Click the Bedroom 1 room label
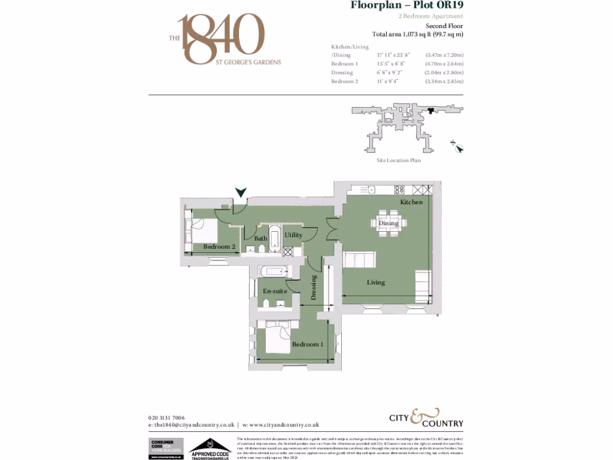click(x=308, y=344)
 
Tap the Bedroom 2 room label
click(x=219, y=247)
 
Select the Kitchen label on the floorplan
click(x=411, y=202)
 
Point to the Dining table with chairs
click(x=389, y=223)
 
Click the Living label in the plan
click(x=376, y=282)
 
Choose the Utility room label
click(x=293, y=235)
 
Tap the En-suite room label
click(x=274, y=291)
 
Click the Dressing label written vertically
click(x=313, y=287)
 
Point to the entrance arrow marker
click(x=241, y=192)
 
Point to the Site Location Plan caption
click(x=398, y=161)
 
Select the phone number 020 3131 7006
click(x=166, y=417)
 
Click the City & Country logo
click(x=423, y=418)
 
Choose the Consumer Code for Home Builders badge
click(x=166, y=449)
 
